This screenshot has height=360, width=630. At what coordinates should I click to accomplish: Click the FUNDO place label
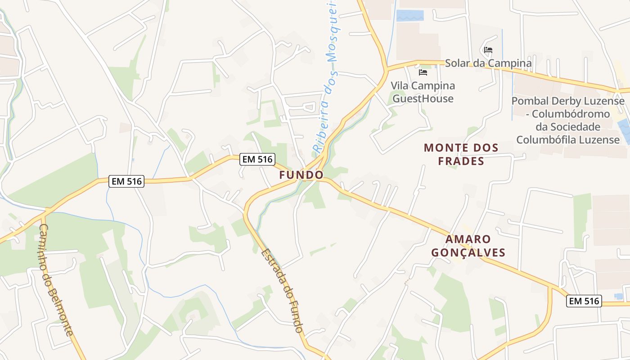[301, 175]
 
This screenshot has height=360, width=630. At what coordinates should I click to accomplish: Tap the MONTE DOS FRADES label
[461, 154]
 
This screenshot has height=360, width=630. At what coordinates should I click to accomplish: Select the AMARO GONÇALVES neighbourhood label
[468, 246]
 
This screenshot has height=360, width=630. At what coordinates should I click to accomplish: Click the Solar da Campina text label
[488, 63]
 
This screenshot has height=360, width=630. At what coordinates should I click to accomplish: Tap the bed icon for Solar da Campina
[488, 50]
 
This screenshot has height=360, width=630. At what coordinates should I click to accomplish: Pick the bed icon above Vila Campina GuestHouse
[423, 72]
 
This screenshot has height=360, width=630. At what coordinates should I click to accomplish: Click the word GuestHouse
[423, 99]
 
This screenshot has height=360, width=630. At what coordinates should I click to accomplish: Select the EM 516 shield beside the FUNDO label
[257, 159]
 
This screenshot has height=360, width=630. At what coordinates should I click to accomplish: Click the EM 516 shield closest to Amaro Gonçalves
[584, 301]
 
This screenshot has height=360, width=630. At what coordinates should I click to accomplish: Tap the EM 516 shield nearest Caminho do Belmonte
[126, 181]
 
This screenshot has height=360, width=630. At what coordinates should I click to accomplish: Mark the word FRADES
[461, 161]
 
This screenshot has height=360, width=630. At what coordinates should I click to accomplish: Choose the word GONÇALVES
[468, 252]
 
